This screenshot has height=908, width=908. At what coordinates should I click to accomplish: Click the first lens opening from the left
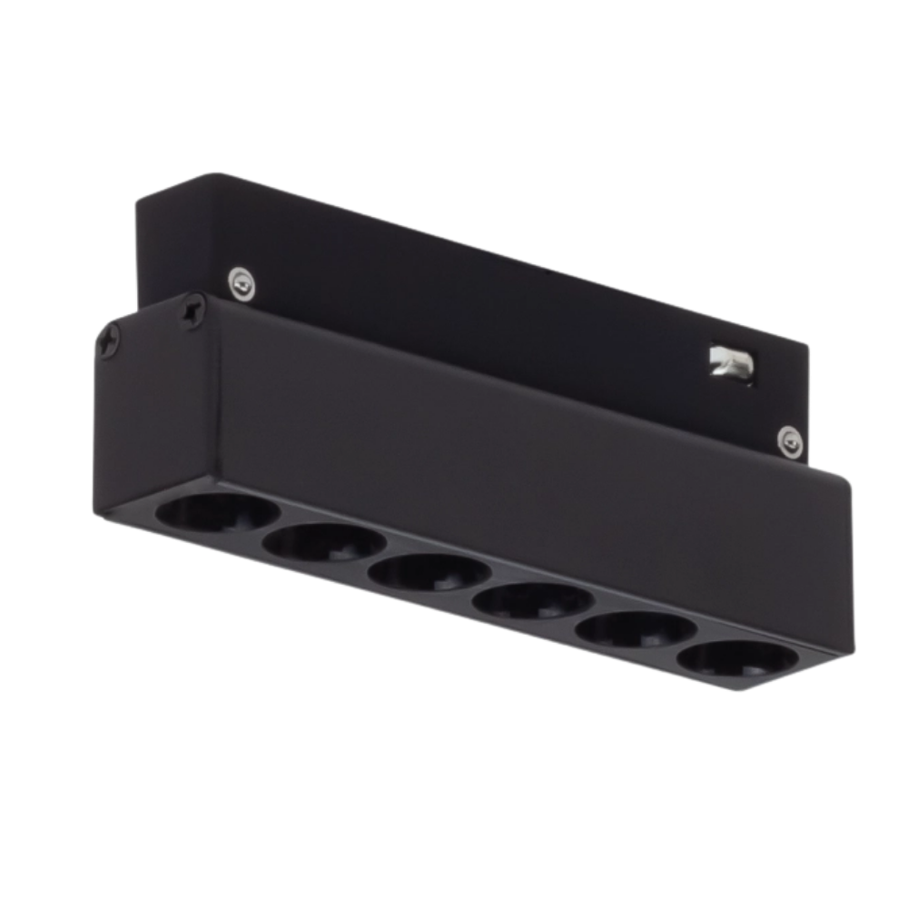click(216, 517)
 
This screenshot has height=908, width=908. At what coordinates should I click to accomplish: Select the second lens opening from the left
click(324, 545)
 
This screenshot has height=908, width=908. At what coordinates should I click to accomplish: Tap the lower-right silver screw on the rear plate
click(789, 440)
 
